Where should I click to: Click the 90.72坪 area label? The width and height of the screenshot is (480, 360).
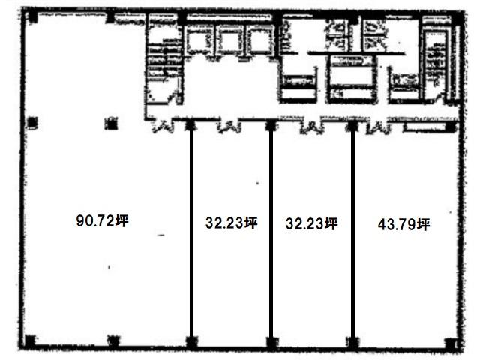point(102,220)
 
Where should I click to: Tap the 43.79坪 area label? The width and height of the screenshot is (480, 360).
point(403,225)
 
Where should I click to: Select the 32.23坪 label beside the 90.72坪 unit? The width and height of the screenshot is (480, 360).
point(232,223)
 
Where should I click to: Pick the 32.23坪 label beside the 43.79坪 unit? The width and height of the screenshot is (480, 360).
point(312,223)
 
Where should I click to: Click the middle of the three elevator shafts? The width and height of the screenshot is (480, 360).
point(230,40)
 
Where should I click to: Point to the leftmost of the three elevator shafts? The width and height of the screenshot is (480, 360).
point(199,40)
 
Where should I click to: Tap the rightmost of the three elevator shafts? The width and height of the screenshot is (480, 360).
point(261,40)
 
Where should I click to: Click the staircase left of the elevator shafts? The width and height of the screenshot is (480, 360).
point(164,61)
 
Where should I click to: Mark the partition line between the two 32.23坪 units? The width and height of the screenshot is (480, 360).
point(271,232)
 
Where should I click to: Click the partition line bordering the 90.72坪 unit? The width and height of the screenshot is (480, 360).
point(191,232)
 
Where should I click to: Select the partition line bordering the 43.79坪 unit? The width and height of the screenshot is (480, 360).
point(352,232)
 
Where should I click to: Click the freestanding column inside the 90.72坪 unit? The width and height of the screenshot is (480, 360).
point(111,123)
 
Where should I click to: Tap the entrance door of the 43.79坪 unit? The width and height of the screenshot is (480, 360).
point(379,127)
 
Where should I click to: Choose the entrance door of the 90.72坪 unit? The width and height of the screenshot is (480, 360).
point(163,126)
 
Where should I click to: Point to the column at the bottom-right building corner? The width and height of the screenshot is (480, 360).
point(451,343)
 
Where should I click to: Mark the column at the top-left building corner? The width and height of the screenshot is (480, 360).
point(32,16)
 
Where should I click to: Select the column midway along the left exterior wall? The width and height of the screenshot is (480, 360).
point(32,123)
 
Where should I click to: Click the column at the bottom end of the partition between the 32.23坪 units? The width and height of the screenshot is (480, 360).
point(271,343)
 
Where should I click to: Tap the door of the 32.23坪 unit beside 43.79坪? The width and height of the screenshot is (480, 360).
point(311,127)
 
